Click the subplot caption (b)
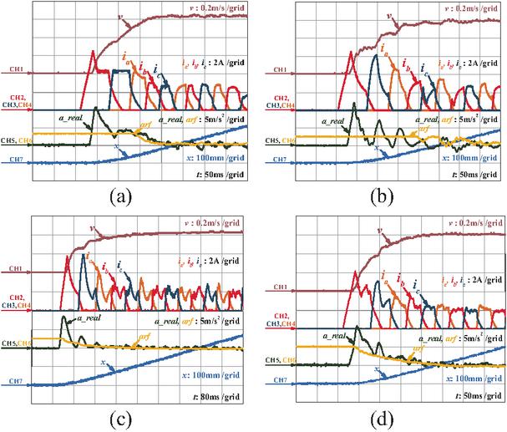(x=381, y=198)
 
